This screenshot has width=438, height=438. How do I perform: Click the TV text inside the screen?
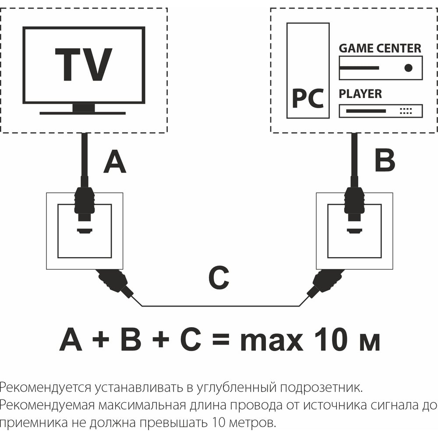point(84,64)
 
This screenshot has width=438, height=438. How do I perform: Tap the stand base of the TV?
point(82,113)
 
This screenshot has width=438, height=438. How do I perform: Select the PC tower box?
point(308,71)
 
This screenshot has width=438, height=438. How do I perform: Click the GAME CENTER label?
point(380,48)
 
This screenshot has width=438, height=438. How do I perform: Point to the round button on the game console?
point(408,68)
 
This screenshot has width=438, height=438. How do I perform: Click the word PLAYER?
point(360,94)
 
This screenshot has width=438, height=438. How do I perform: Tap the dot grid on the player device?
point(406,111)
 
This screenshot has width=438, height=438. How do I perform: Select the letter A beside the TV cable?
point(114,162)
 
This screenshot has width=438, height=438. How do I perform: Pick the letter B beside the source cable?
point(385,160)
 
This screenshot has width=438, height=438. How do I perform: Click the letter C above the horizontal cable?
point(219,278)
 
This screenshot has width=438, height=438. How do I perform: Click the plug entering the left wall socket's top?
point(84,204)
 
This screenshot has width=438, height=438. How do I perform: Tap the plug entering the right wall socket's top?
point(354,204)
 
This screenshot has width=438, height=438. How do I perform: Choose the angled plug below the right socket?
point(325,283)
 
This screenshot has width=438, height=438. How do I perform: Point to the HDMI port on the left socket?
point(85,231)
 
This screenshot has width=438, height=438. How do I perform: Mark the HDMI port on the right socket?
point(355,231)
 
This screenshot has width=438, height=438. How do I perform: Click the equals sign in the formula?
point(221,340)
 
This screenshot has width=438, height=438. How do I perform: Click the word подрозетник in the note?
point(321,388)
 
